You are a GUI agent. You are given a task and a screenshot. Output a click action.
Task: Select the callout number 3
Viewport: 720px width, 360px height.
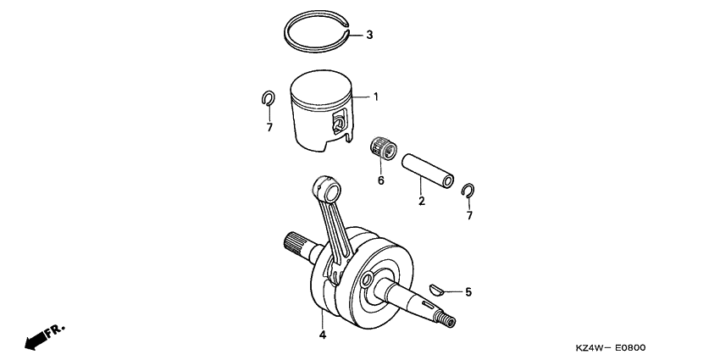click(369, 36)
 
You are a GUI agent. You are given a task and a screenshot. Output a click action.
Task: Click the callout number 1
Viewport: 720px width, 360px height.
click(376, 97)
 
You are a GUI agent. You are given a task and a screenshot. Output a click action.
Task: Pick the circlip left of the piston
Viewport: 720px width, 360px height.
click(266, 99)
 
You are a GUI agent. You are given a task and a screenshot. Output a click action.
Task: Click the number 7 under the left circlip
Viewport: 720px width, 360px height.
click(269, 128)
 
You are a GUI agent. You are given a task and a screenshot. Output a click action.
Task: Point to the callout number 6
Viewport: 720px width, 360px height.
click(381, 180)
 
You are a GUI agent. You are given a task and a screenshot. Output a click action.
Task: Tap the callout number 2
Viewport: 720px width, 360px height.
click(421, 202)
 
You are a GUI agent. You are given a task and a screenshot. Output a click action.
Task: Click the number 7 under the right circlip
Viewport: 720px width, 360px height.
click(469, 216)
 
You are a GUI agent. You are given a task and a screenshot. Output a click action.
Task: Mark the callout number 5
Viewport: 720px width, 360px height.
click(468, 292)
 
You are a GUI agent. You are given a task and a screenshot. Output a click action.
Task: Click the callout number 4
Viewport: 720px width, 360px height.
click(323, 335)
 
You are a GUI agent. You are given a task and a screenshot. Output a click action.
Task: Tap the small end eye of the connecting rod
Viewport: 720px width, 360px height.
click(323, 186)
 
